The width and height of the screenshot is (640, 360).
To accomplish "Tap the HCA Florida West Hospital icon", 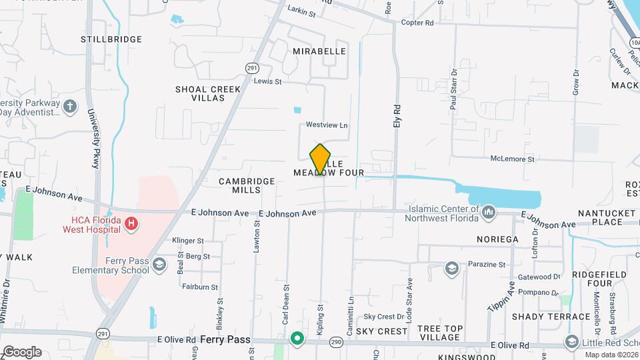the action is click(x=131, y=223).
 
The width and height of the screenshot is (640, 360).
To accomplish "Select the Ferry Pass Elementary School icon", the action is click(x=159, y=265).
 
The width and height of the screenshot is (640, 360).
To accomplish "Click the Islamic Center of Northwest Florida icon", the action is click(x=489, y=213).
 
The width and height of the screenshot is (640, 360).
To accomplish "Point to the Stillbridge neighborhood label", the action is click(x=111, y=39).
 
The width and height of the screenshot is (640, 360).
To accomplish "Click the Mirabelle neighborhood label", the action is click(x=319, y=51).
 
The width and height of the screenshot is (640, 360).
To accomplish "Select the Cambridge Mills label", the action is click(x=247, y=185).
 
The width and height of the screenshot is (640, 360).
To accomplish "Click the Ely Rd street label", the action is click(x=397, y=116).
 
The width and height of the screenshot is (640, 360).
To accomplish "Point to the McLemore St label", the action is click(x=513, y=159).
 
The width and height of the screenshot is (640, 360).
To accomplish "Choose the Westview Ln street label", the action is click(x=327, y=125).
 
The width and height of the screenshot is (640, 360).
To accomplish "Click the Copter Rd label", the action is click(x=417, y=23).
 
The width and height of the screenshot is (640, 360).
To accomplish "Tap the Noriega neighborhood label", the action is click(x=497, y=239).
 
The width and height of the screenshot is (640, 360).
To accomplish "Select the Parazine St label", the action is click(x=487, y=265).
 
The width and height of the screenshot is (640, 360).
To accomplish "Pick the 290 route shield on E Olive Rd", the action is click(x=336, y=342).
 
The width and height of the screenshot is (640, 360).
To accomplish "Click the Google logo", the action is click(x=22, y=351).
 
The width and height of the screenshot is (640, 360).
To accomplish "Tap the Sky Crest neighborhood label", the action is click(x=381, y=331).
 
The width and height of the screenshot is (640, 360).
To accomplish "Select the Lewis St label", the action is click(x=268, y=81).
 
